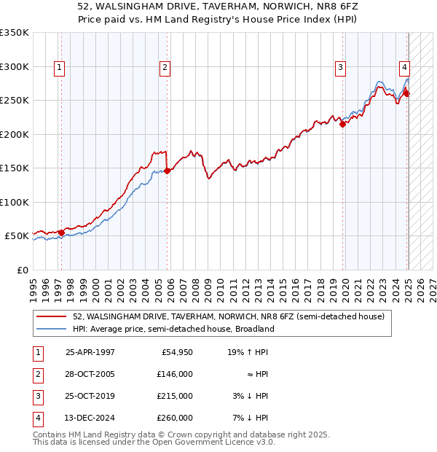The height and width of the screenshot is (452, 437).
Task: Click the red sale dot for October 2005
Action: click(167, 171)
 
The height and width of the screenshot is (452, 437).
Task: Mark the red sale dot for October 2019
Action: click(342, 124)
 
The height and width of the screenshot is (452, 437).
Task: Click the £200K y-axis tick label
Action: click(15, 134)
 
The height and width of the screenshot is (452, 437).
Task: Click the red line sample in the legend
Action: click(52, 316)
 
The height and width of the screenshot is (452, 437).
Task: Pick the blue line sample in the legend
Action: click(52, 329)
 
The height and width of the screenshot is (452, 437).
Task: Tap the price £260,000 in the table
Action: click(176, 418)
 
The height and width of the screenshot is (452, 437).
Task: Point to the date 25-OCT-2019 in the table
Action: click(90, 396)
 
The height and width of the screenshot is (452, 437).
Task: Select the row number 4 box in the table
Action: click(36, 418)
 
